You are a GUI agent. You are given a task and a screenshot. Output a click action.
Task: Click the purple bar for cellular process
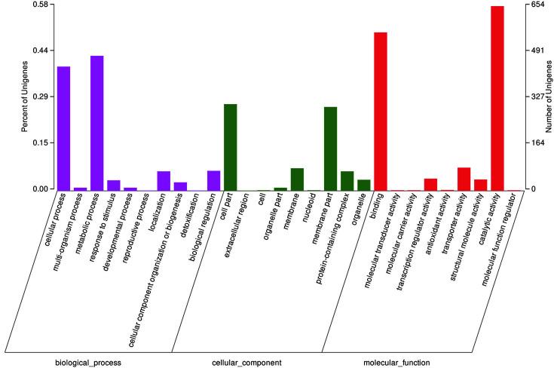(63, 128)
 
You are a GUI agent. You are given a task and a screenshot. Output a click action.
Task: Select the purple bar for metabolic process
(96, 123)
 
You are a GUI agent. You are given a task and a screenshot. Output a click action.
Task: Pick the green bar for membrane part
(330, 149)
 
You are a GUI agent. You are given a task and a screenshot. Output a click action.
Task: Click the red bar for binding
(380, 111)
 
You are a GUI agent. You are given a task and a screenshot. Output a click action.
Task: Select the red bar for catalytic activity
(497, 98)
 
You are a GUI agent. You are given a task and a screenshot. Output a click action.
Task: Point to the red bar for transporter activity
(464, 179)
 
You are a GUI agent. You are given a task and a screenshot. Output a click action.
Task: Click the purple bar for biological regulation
(213, 180)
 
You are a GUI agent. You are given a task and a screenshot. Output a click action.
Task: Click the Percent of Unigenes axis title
(24, 97)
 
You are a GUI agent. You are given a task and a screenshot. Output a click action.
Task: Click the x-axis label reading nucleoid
(303, 210)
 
